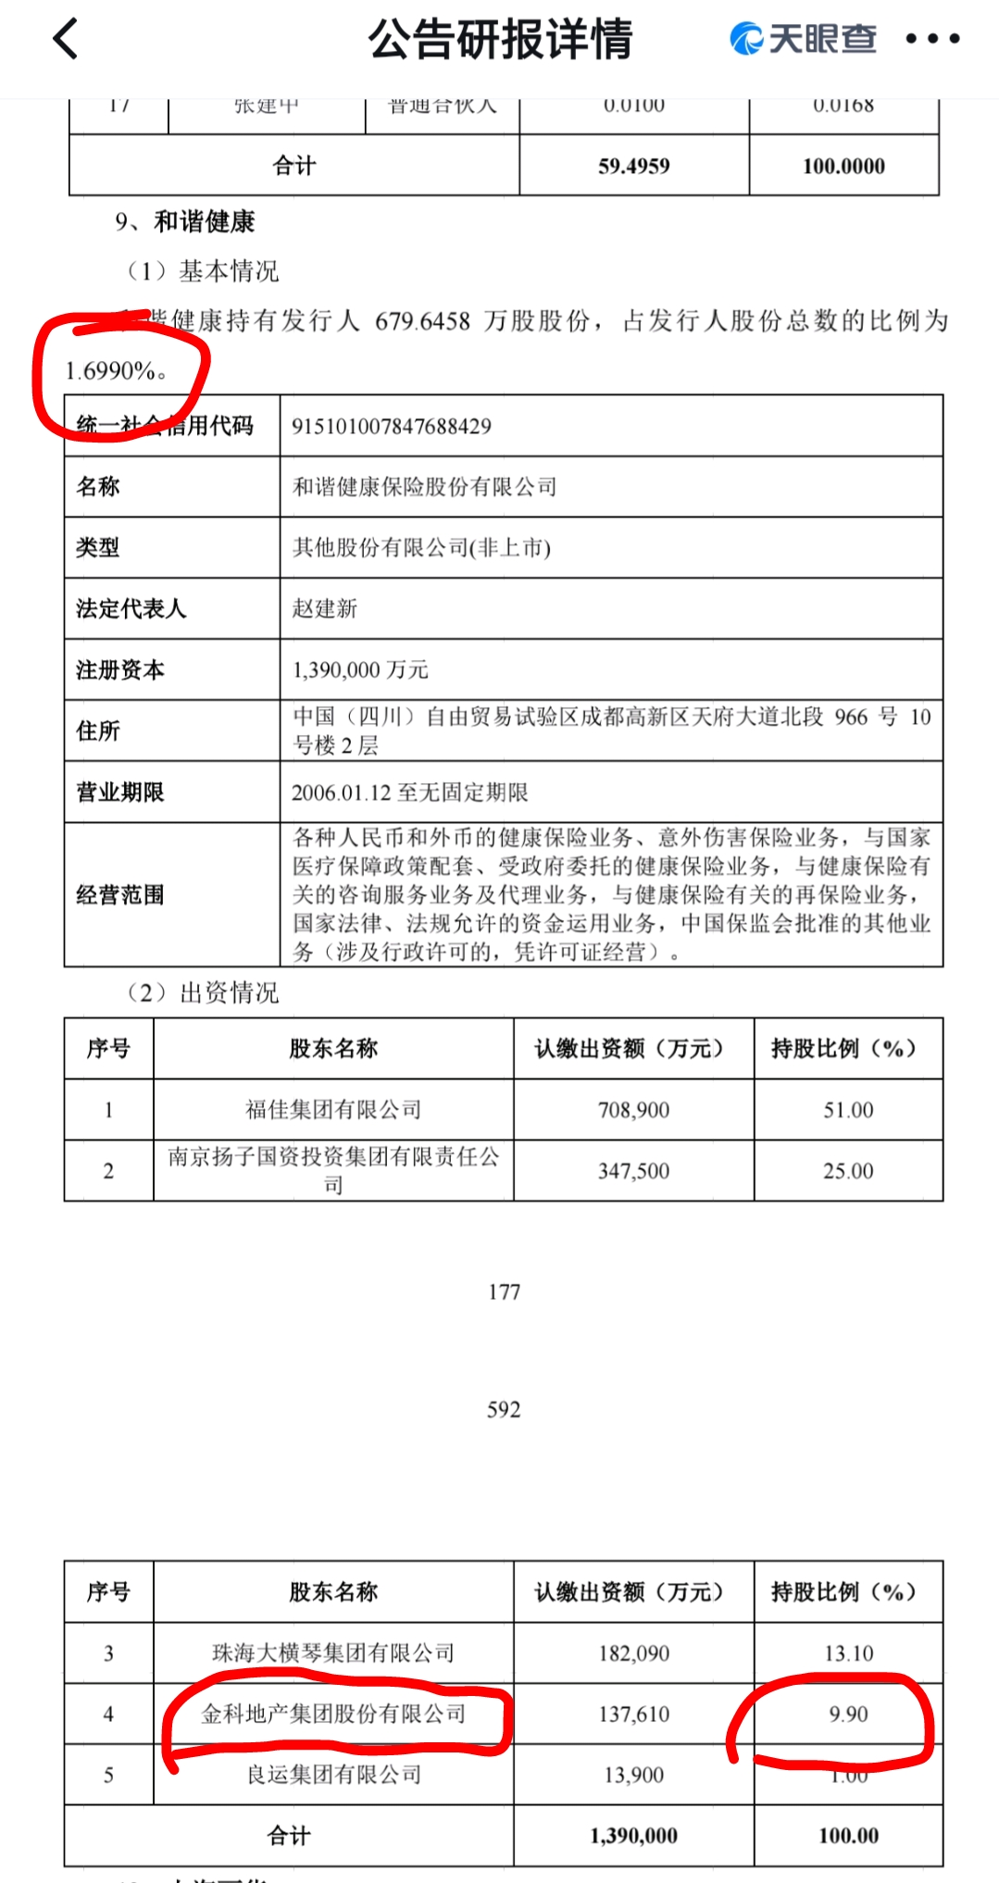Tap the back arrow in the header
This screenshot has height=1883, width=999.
[66, 40]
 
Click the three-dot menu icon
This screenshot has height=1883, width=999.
[932, 39]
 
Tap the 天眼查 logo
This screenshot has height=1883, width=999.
[803, 39]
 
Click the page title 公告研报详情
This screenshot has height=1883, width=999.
[500, 40]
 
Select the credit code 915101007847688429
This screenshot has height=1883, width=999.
[391, 426]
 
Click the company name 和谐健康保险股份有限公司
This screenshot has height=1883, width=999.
[424, 487]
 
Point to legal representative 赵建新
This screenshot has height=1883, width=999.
[324, 608]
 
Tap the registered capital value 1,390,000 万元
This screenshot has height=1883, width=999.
[360, 669]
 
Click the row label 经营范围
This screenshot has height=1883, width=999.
[120, 894]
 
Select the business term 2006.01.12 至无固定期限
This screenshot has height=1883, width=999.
[409, 792]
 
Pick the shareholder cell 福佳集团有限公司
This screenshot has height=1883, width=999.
[333, 1109]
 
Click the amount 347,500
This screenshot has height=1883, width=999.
[633, 1171]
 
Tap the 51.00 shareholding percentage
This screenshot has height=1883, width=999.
[848, 1110]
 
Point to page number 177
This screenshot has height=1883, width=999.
[504, 1291]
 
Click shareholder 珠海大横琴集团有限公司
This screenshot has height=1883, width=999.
[333, 1652]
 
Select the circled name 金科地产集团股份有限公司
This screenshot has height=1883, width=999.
[333, 1714]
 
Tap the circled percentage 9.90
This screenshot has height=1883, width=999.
[848, 1715]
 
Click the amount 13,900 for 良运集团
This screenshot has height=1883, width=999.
[633, 1775]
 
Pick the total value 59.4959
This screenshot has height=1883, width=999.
[633, 167]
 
